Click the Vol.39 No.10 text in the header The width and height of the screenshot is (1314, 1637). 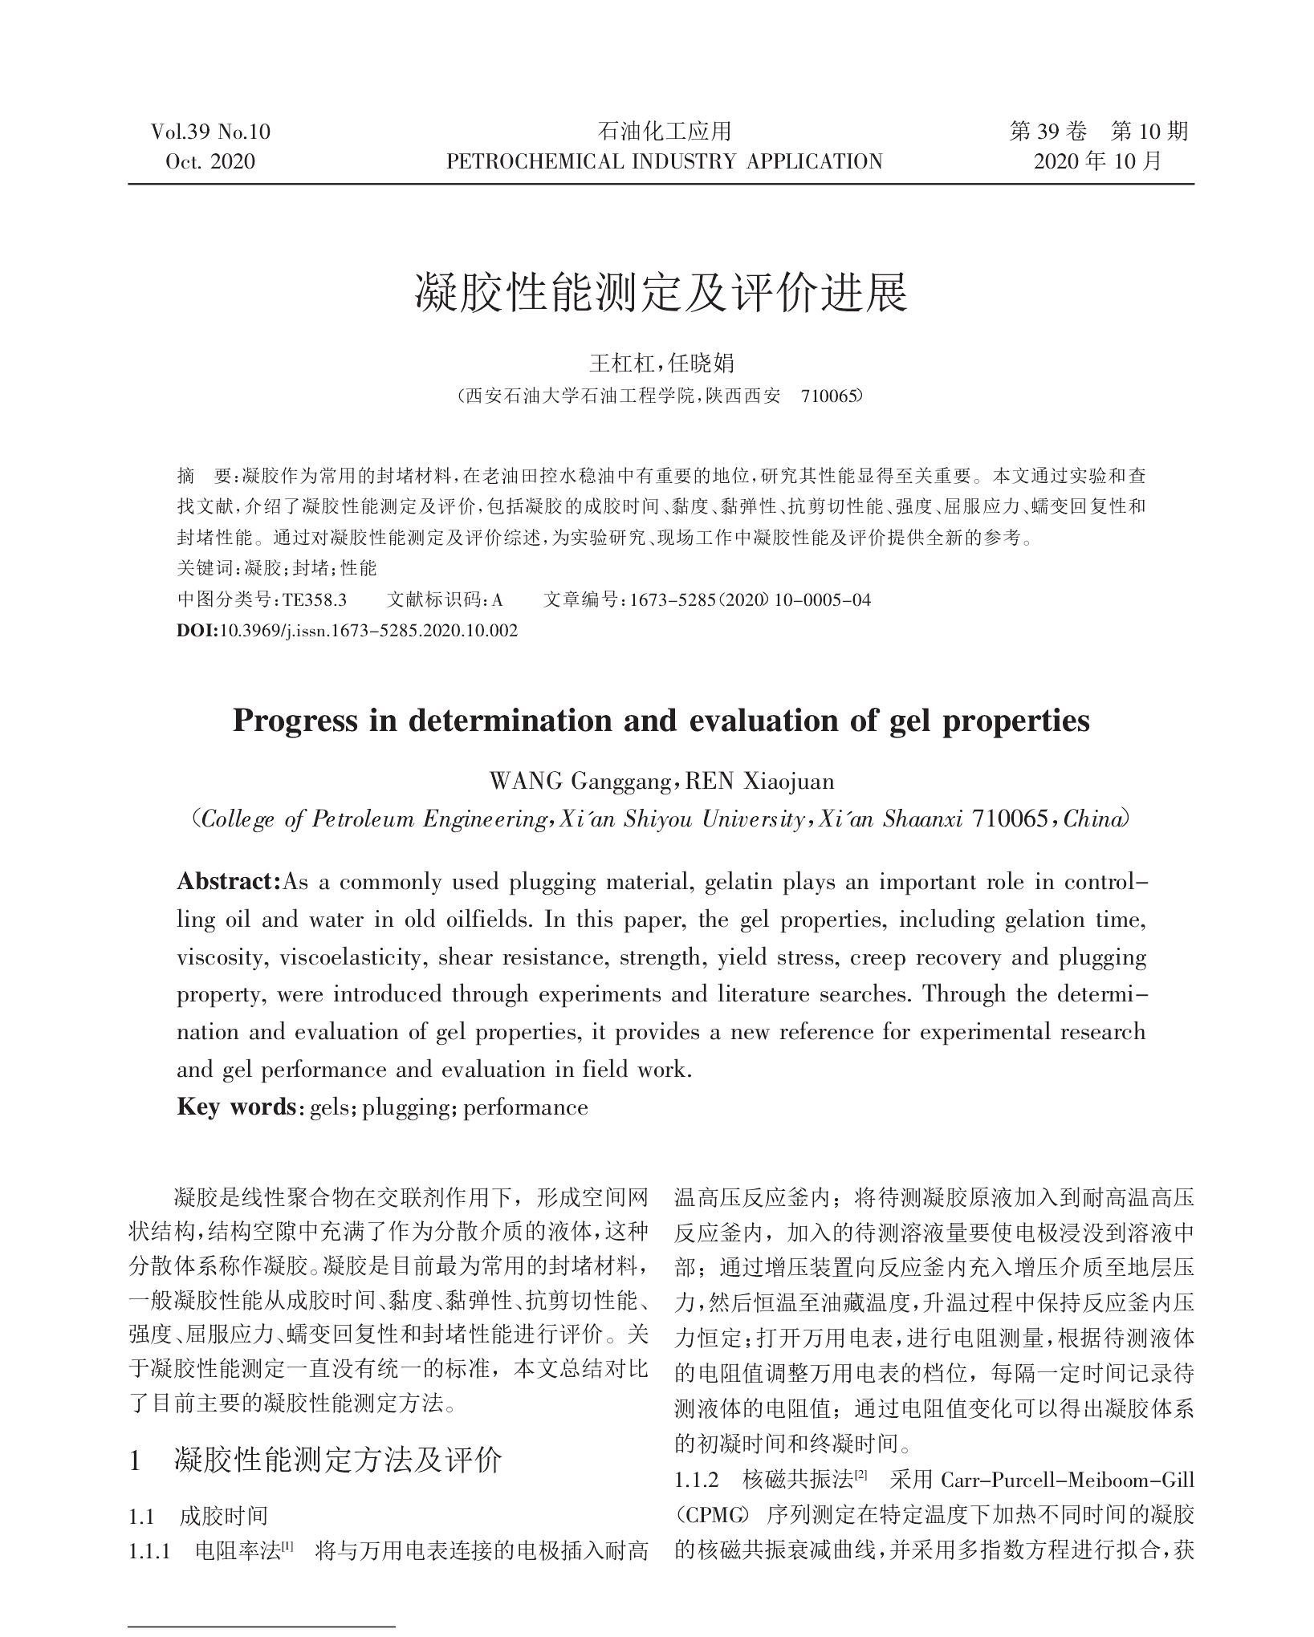[x=210, y=132]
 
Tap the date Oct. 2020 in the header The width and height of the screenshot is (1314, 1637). [x=210, y=162]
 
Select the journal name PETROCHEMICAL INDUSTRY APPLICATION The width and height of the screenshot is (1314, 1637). [x=664, y=162]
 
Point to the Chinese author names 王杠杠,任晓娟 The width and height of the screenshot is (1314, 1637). [x=661, y=364]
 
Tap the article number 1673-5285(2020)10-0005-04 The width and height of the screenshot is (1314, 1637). [x=751, y=599]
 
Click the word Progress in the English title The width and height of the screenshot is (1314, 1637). [x=295, y=721]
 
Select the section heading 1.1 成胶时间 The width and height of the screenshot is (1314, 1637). [x=198, y=1516]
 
